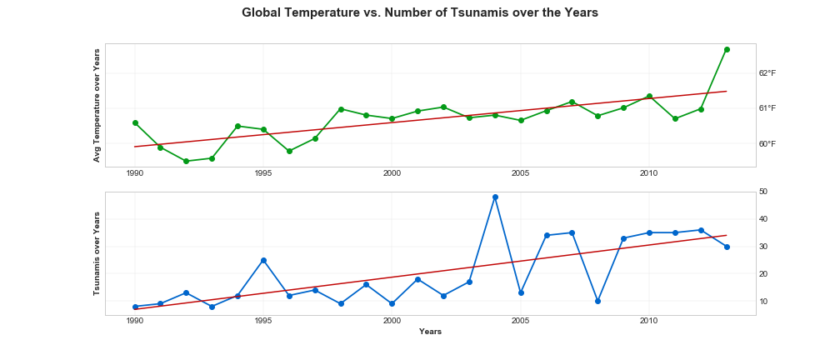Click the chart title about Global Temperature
click(x=419, y=13)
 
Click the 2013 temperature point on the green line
click(x=727, y=49)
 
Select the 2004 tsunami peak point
click(x=495, y=197)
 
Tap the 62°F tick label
click(x=767, y=73)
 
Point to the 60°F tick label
click(x=767, y=143)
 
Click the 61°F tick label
click(x=767, y=108)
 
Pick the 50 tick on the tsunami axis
click(x=763, y=192)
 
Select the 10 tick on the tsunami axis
click(x=763, y=301)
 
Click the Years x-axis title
click(x=430, y=332)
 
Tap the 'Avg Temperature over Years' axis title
click(x=97, y=105)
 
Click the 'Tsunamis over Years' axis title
click(x=97, y=253)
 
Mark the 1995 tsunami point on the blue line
click(x=263, y=260)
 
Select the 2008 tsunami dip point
click(x=597, y=301)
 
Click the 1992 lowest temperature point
click(x=186, y=161)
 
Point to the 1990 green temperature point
click(x=135, y=122)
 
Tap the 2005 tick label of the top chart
click(x=521, y=173)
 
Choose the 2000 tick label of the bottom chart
click(x=392, y=320)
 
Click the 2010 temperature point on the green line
click(x=649, y=97)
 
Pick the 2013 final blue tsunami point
click(x=727, y=247)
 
